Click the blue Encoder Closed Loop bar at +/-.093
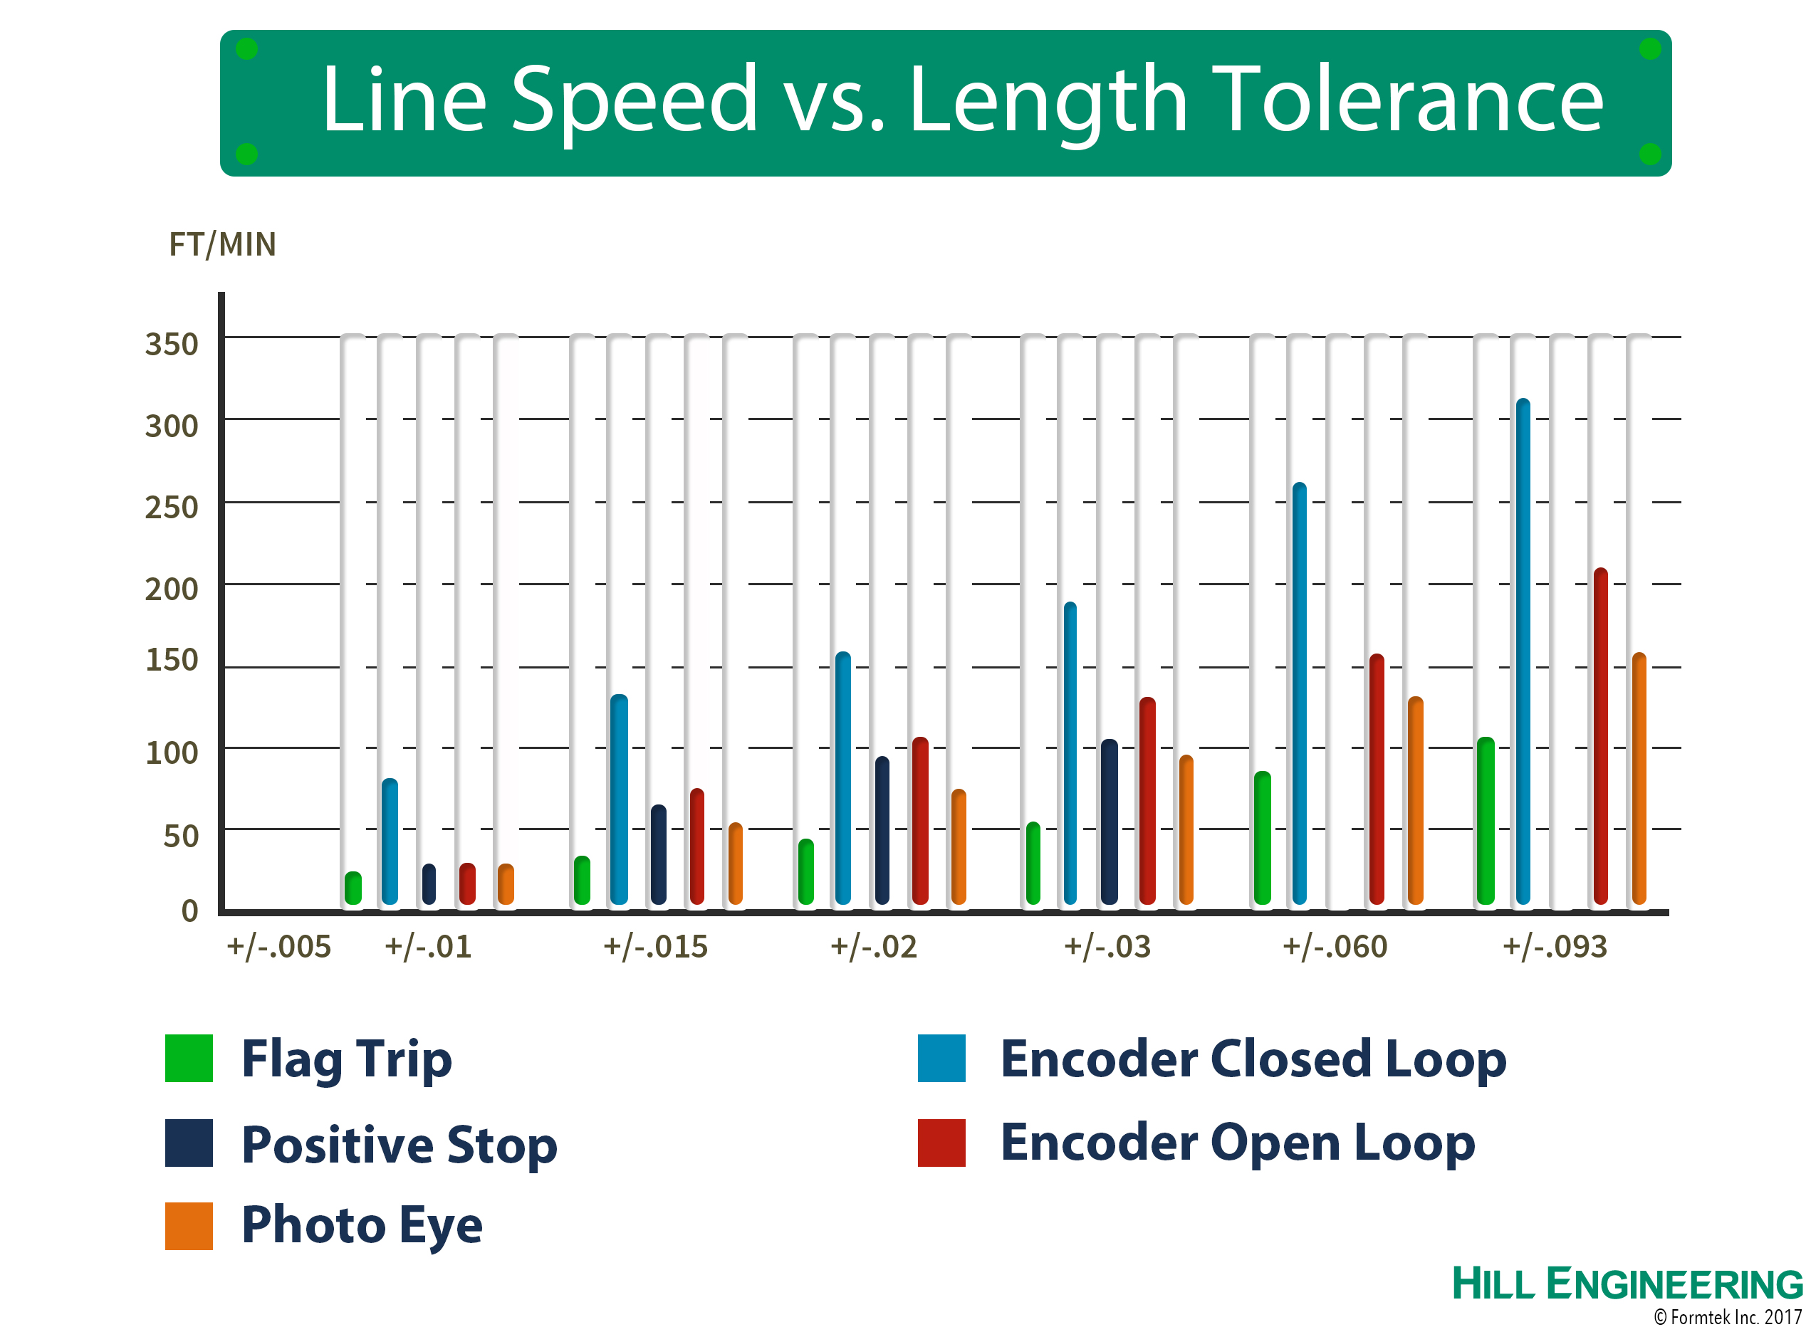coord(1523,651)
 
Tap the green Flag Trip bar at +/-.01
coord(353,888)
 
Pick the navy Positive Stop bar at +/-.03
coord(1109,822)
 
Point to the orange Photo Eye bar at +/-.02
coord(959,846)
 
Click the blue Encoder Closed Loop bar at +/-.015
coord(619,799)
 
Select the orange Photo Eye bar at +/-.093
coord(1639,778)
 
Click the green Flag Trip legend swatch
coord(189,1058)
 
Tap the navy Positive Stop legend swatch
coord(189,1142)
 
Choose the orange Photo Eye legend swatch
coord(189,1226)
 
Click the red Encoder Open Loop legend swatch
coord(941,1142)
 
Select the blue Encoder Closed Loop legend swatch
coord(941,1058)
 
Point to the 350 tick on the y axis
coord(171,344)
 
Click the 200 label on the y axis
coord(171,589)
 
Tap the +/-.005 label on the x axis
coord(278,946)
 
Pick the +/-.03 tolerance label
coord(1107,946)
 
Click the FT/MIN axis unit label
coord(222,244)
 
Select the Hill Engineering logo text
coord(1628,1283)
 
